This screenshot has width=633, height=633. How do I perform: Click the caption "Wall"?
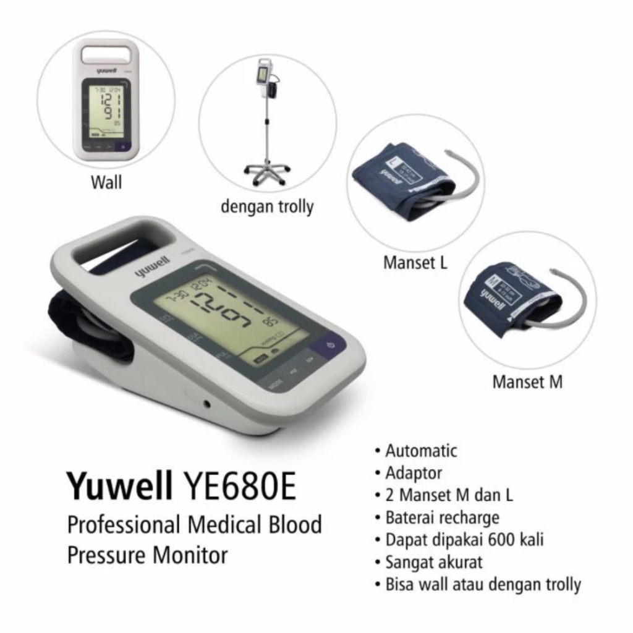[106, 182]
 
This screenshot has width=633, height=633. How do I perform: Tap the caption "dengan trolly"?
[267, 206]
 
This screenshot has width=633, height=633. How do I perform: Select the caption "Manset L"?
[415, 263]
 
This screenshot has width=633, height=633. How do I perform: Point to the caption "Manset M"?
[527, 382]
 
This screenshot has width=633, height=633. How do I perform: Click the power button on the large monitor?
[331, 345]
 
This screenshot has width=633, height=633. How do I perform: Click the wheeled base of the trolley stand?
[266, 172]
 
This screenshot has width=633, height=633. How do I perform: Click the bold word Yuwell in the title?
[121, 486]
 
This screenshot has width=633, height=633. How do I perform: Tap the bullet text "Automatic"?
[421, 451]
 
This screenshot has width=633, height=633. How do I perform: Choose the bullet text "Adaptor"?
[414, 474]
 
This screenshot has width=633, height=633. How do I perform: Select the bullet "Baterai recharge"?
[442, 517]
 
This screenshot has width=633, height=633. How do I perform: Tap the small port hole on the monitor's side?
[206, 404]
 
